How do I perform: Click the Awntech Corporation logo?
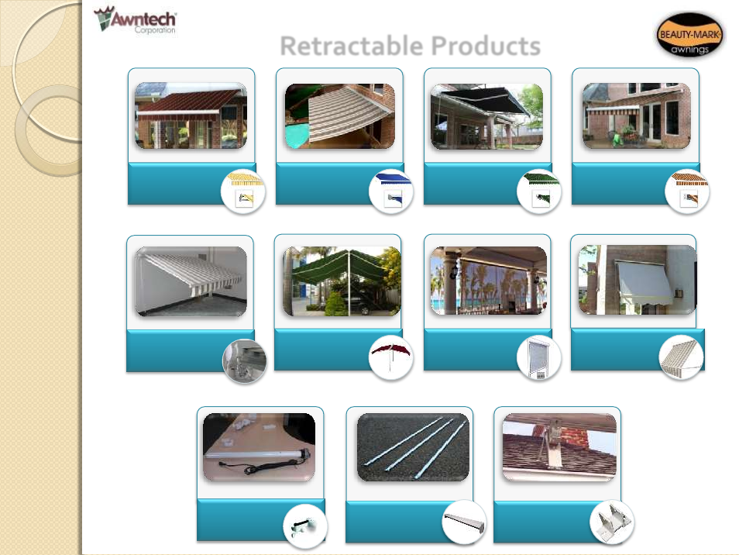point(136,20)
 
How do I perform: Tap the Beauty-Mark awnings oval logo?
point(689,35)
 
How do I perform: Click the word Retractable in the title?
point(352,47)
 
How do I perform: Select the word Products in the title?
point(486,47)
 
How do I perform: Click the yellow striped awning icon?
point(243,191)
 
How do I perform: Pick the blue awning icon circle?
point(391,191)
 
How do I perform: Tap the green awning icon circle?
point(539,191)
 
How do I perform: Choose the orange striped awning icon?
point(687,191)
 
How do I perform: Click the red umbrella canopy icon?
point(391,358)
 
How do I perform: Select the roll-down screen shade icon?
point(539,358)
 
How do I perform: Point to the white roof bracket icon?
point(612,522)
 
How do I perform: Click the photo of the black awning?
point(486,117)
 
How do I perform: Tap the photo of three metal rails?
point(413,447)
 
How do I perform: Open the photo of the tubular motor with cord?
point(260,447)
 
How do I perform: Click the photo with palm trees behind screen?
point(488,281)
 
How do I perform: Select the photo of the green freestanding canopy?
point(342,281)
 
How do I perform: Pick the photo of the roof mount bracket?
point(559,447)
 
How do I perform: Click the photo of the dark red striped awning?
point(191,116)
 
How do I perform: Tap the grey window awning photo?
point(638,280)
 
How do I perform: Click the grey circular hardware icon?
point(244,361)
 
